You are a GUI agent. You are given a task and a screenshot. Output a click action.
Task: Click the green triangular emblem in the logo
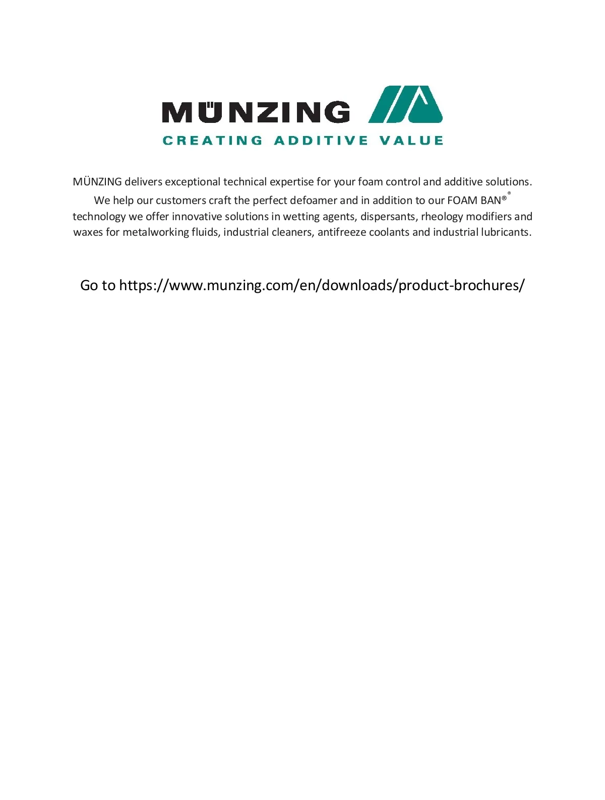[x=406, y=105]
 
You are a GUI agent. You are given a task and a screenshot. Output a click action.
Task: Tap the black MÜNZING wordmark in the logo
[x=256, y=112]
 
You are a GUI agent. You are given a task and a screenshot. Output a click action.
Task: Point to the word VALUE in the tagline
[x=411, y=141]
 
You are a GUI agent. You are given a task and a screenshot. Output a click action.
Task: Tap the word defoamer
[x=313, y=201]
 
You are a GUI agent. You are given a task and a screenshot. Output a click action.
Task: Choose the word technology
[x=99, y=217]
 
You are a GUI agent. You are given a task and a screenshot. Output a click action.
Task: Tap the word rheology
[x=442, y=217]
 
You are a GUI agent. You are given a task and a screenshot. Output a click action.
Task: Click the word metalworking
[x=155, y=232]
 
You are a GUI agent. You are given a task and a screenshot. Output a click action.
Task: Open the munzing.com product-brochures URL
[x=322, y=286]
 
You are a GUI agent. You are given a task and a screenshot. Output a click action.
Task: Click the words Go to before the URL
[x=98, y=286]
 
